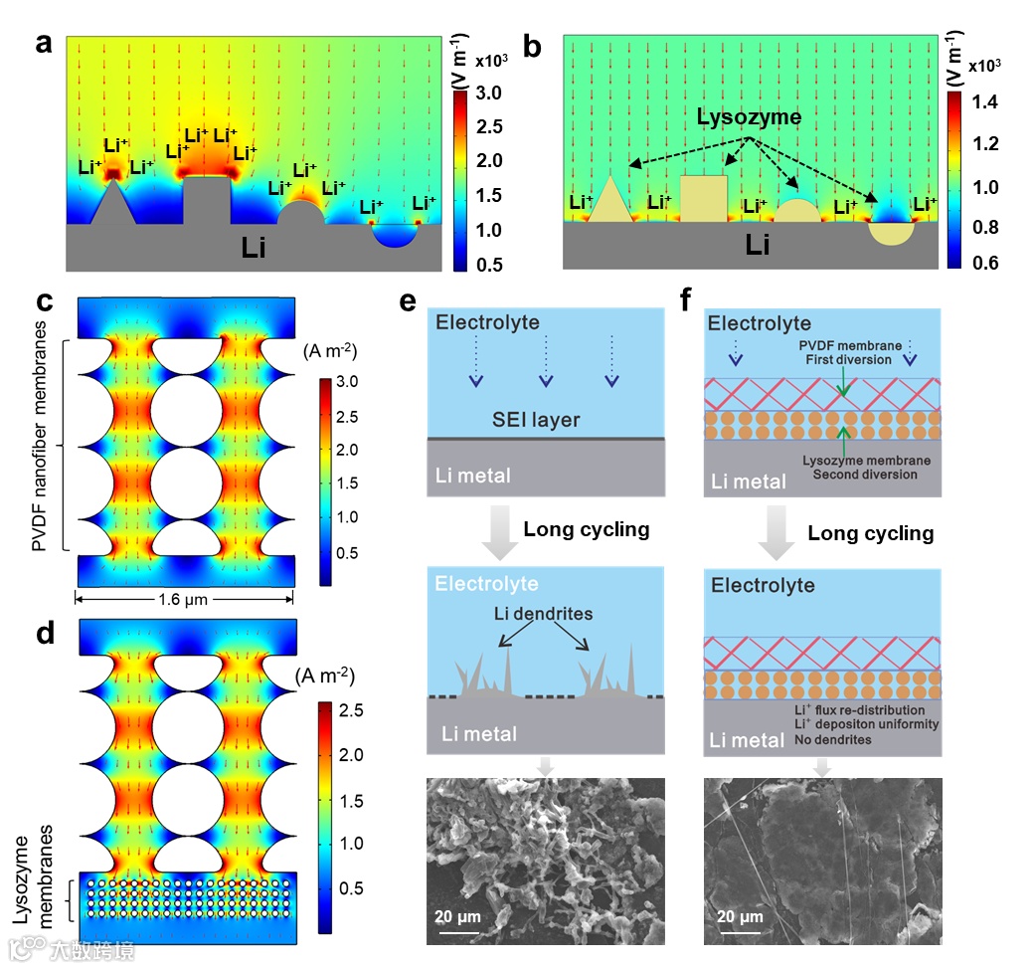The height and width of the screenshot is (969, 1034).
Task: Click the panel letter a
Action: [x=43, y=44]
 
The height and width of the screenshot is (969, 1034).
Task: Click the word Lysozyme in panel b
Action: [x=749, y=117]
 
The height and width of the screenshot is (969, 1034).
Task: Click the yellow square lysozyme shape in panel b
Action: [x=704, y=199]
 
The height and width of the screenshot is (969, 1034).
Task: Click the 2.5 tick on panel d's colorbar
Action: [x=353, y=710]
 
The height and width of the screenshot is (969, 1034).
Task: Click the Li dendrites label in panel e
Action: [x=545, y=614]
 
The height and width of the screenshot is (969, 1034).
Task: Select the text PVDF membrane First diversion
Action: [x=848, y=352]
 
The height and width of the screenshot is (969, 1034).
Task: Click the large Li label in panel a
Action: [x=254, y=248]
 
